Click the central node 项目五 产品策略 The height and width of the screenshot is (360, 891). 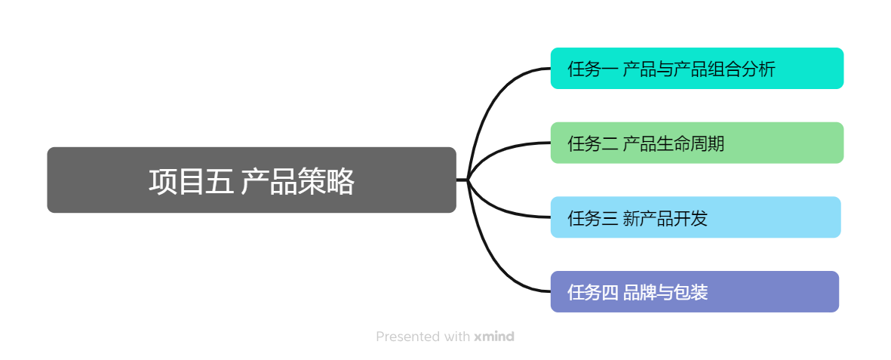[x=251, y=180]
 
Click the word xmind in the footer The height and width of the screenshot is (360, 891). [x=494, y=337]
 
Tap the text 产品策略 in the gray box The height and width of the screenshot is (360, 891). [x=298, y=182]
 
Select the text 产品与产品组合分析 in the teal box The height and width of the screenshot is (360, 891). [x=699, y=69]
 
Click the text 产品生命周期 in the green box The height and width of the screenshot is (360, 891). [x=674, y=143]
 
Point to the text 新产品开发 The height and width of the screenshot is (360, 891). [x=665, y=218]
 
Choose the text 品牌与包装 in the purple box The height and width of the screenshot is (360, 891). [x=665, y=292]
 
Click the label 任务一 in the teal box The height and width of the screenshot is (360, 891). [x=593, y=69]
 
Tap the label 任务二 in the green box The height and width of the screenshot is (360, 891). [x=593, y=143]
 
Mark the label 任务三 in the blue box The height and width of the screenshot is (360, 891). [x=593, y=218]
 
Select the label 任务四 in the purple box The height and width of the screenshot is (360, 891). [x=593, y=292]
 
